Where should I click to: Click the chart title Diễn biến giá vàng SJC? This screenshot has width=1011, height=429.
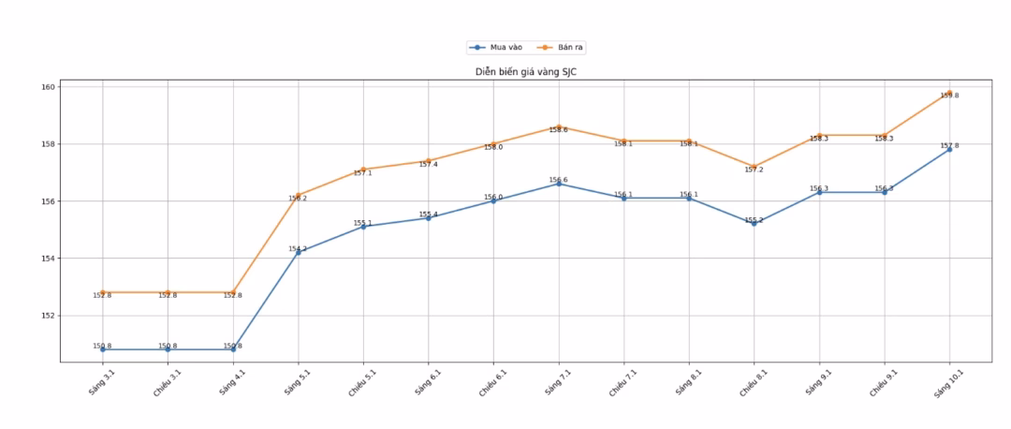click(525, 72)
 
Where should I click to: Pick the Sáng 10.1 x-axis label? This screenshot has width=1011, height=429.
click(946, 385)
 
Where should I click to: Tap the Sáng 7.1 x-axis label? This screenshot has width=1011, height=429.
click(558, 384)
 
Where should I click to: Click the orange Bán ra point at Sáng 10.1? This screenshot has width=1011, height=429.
click(949, 93)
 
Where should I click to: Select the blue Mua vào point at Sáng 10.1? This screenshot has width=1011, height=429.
click(949, 149)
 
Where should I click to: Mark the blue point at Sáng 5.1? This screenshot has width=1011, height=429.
click(298, 252)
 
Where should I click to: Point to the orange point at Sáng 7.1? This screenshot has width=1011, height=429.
click(559, 127)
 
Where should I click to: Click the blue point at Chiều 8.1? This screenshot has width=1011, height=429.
click(754, 223)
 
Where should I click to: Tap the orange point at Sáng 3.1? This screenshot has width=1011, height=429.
click(102, 292)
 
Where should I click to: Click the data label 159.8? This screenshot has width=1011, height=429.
click(949, 96)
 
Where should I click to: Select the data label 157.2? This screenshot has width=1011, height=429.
click(754, 170)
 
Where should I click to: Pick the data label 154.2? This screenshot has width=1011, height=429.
click(297, 248)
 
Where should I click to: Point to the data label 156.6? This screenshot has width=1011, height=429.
click(558, 180)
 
